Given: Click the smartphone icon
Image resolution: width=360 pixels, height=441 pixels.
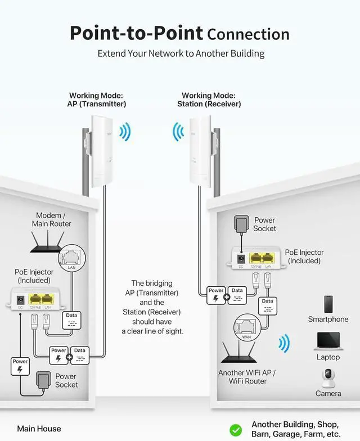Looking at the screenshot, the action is coord(328,304).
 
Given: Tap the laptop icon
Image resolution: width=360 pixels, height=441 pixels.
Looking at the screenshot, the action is coord(328,340).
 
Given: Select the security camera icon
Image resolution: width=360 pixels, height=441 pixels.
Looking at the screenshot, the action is coord(328,378).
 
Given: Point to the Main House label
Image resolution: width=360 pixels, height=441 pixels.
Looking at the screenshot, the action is coord(39,429).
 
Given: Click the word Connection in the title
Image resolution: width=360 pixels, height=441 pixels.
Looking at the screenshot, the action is coord(248,34).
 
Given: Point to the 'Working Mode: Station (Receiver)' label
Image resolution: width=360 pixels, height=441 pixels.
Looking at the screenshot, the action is coord(209,100).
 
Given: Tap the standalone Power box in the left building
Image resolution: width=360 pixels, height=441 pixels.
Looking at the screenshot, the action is coord(20,366).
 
